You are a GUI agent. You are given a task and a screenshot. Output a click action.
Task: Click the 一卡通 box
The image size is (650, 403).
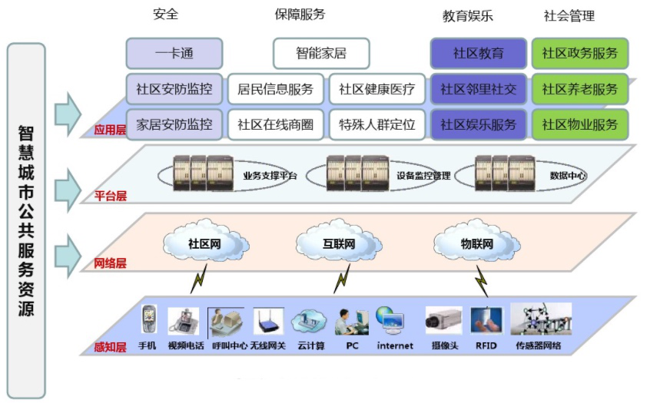tap(174, 53)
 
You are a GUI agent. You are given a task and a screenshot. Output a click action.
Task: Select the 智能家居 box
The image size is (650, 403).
tap(321, 53)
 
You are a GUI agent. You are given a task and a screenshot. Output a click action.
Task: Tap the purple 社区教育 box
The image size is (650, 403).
tap(479, 53)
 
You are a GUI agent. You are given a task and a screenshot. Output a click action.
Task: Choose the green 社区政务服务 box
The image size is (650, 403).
tap(580, 53)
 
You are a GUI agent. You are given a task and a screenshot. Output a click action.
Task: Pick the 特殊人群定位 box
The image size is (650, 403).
tap(376, 124)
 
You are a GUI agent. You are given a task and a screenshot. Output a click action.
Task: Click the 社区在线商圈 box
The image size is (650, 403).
tap(275, 124)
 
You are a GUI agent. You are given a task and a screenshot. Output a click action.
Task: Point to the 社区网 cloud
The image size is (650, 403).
tap(206, 241)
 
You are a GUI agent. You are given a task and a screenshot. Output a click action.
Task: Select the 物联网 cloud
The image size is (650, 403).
tap(476, 242)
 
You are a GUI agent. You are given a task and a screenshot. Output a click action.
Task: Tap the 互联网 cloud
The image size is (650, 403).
tap(339, 242)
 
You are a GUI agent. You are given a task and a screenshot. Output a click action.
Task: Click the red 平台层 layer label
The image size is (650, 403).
tap(111, 196)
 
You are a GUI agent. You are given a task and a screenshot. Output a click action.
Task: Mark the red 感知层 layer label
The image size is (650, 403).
tap(111, 347)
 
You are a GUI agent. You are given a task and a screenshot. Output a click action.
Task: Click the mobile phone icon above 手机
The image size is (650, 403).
tap(149, 319)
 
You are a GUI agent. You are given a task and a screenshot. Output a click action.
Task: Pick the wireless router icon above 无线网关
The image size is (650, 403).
tap(269, 321)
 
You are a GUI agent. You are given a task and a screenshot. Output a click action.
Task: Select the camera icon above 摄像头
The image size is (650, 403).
tap(443, 320)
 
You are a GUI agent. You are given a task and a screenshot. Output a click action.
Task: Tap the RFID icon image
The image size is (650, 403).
tap(486, 320)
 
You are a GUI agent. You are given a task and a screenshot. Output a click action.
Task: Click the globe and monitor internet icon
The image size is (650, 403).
tap(390, 320)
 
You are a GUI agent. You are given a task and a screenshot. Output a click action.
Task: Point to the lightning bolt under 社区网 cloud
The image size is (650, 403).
tap(199, 279)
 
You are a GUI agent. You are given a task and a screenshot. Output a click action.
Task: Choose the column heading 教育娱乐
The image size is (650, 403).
tap(468, 16)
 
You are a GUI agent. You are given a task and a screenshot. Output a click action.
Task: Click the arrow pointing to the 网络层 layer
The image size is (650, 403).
tap(68, 256)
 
